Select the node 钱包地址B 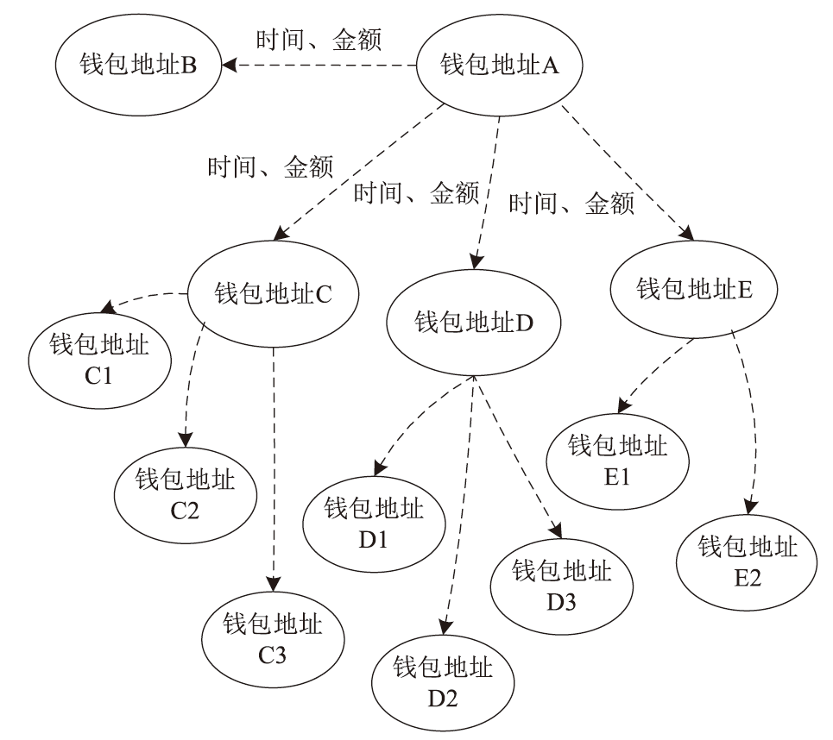coord(137,66)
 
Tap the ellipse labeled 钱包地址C coord(273,295)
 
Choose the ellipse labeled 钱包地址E coord(695,288)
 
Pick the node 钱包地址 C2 coord(185,492)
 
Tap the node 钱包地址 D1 coord(374,525)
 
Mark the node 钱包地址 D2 coord(443,681)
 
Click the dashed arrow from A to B coord(319,65)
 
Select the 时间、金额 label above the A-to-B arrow coord(319,39)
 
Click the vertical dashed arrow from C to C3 coord(274,466)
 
